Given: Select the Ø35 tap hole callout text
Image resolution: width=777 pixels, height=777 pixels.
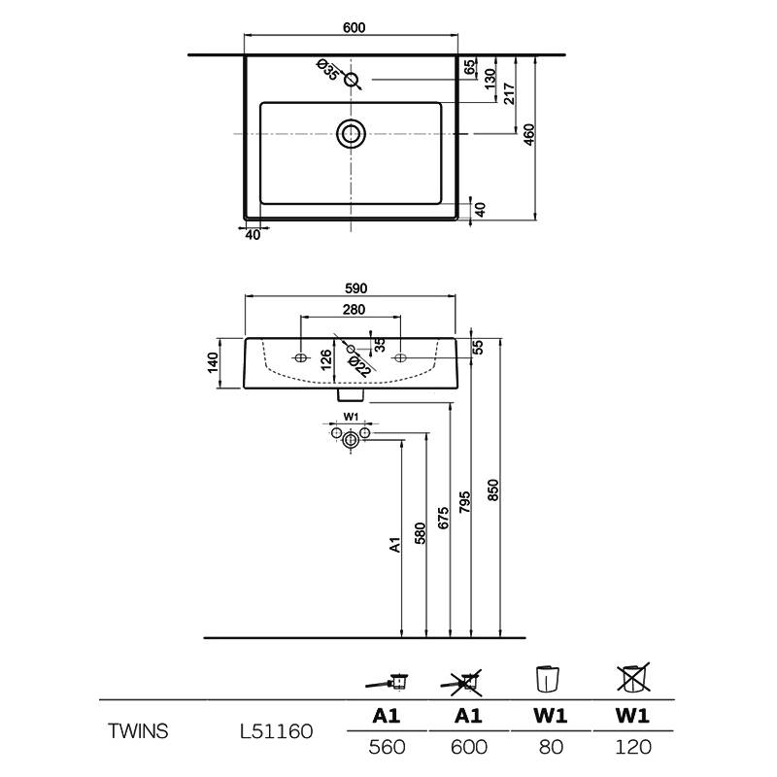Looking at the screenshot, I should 328,70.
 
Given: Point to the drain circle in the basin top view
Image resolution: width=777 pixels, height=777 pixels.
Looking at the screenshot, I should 351,133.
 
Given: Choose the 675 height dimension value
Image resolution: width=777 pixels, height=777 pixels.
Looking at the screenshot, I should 444,517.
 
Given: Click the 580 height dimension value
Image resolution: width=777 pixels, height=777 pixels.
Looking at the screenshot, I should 420,534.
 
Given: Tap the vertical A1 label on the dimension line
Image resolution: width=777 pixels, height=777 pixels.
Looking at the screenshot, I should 395,545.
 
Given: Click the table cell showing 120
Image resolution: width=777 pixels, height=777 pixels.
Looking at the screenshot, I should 634,747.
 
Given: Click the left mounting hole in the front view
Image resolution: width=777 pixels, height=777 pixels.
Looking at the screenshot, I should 300,358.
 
